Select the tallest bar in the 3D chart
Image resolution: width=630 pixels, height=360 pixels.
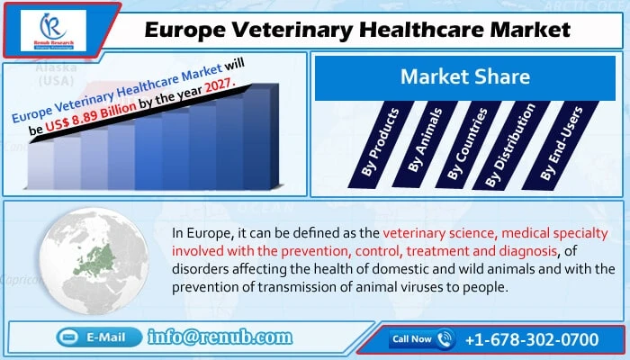click(256, 135)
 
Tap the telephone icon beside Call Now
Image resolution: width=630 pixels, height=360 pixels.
click(445, 339)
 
